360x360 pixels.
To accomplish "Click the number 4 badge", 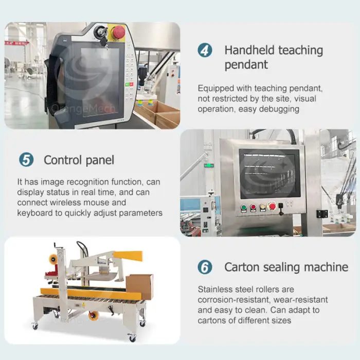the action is tap(205, 50).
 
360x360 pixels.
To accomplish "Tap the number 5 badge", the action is tap(26, 159).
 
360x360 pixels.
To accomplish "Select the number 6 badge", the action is tap(205, 267).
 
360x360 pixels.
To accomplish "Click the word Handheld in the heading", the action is tap(249, 50).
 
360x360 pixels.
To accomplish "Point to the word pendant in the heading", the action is tap(246, 65).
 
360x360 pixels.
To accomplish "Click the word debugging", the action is tap(279, 109).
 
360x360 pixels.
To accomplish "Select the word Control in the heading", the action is tap(63, 160).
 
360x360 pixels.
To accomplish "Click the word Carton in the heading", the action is tap(242, 267).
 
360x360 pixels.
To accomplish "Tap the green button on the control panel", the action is tap(244, 208).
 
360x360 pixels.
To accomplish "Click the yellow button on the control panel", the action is tap(263, 208).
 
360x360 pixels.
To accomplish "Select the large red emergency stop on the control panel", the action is tap(272, 206).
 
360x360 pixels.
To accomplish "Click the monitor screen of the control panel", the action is tap(269, 174).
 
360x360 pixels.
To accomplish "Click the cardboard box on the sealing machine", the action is tap(139, 286).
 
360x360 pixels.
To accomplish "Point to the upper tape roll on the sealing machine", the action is tap(53, 259).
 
